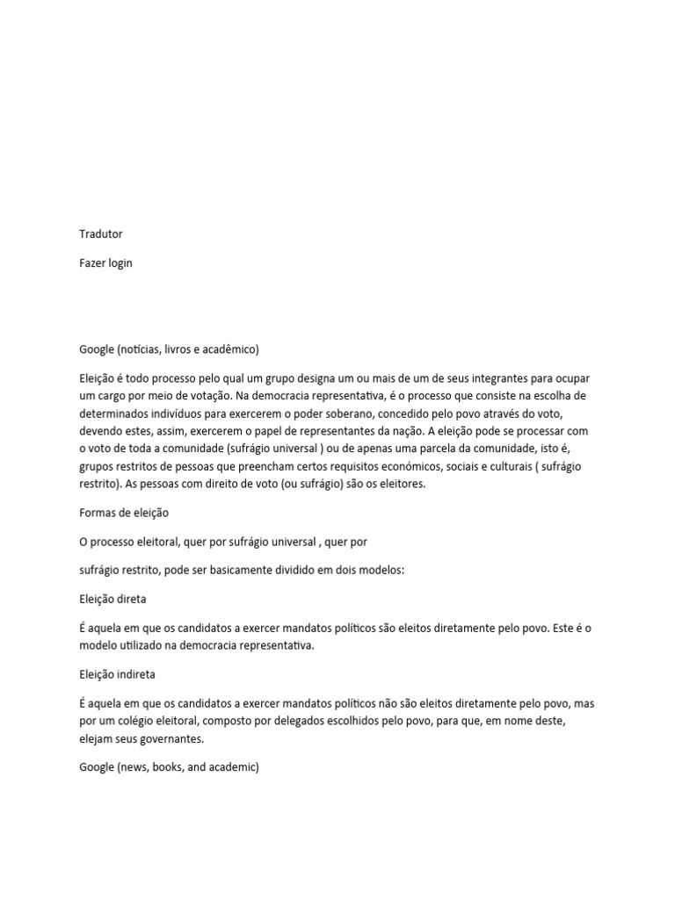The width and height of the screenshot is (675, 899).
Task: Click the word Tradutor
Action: click(101, 234)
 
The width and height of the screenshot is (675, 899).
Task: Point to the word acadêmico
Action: click(229, 349)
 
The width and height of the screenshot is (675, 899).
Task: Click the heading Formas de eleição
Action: click(124, 512)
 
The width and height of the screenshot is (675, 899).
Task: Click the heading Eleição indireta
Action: click(118, 674)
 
